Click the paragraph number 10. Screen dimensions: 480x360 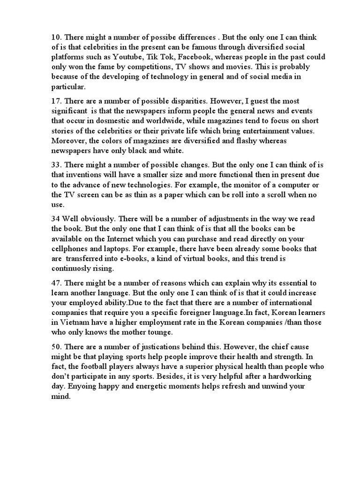click(56, 37)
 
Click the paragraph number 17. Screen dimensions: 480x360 click(56, 101)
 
